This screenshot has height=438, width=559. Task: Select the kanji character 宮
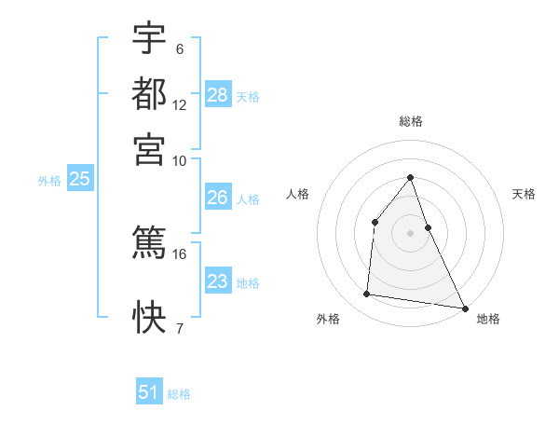coord(150,148)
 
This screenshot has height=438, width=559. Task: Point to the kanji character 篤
coord(150,241)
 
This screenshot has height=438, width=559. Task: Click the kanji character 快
coord(150,318)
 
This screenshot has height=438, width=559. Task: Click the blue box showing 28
coord(218,95)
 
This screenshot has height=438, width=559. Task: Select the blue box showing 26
coord(218,198)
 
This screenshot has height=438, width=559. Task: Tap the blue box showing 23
coord(218,281)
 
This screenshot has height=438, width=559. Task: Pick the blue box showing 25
coord(79,180)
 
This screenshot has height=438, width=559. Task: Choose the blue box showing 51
coord(149,392)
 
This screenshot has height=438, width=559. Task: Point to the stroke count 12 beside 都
coord(180,105)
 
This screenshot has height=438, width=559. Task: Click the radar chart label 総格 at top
coord(410,121)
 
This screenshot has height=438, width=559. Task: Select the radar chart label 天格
coord(524,194)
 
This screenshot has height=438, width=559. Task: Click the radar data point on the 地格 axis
coord(464,308)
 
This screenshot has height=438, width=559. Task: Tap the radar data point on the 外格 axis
coord(367,294)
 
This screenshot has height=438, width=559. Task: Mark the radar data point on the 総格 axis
coord(410,177)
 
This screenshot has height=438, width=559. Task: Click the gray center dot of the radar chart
coord(410,233)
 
